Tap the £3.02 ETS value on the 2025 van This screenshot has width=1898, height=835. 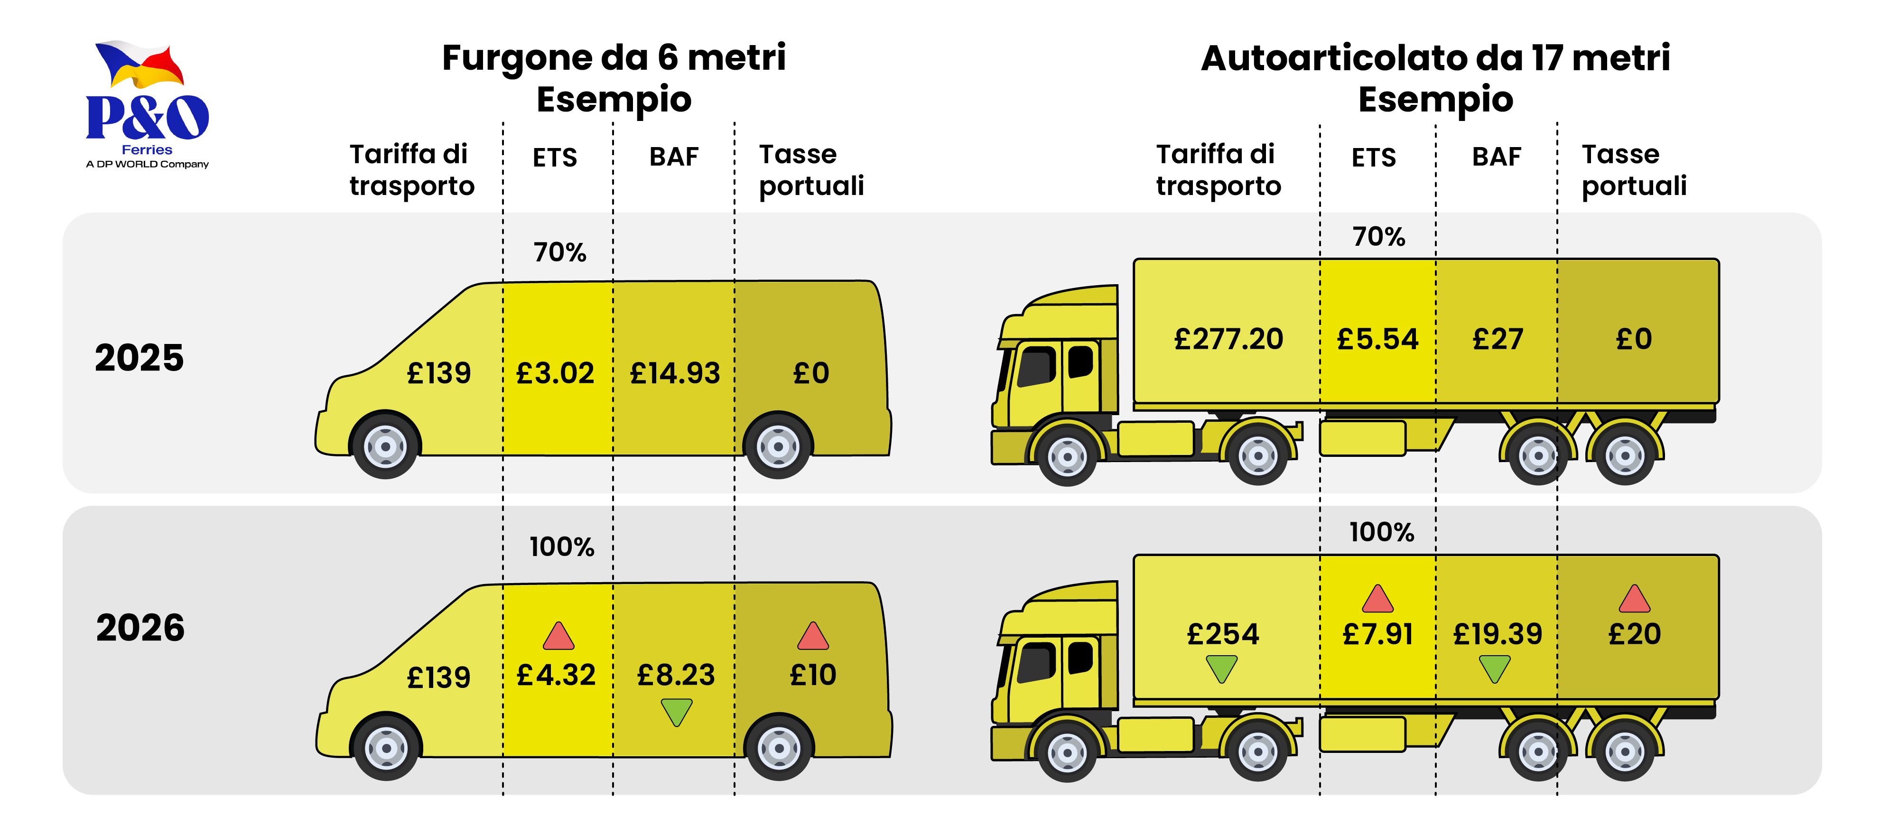point(555,373)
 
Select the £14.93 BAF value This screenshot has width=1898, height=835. point(674,373)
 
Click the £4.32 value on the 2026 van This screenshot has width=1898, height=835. point(556,675)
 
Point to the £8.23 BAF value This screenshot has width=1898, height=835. point(676,675)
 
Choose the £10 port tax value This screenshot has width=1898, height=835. point(813,675)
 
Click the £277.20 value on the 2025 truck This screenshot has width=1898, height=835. point(1228,339)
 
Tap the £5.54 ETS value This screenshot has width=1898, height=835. point(1377,339)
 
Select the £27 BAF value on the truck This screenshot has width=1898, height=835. point(1497,339)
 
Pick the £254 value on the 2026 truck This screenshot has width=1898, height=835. point(1222,634)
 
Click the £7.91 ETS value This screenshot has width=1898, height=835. point(1377,634)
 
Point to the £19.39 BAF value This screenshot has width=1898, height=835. point(1497,634)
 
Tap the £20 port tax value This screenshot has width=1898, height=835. point(1634,634)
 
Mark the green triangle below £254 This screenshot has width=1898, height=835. point(1222,669)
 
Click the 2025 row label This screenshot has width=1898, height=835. point(139,358)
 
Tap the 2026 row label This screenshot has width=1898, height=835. point(140,628)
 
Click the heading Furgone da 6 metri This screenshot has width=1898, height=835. point(614,57)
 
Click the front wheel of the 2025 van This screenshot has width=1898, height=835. point(385,446)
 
